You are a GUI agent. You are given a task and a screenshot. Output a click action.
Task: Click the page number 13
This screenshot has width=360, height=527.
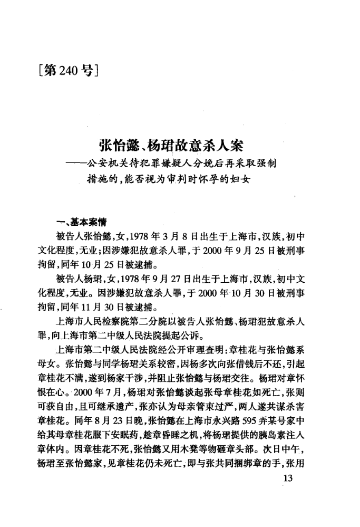[287, 478]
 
